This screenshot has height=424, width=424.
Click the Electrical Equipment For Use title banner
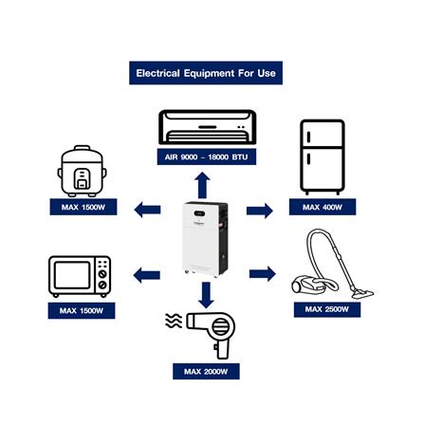pos(206,73)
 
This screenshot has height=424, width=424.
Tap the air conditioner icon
pos(207,127)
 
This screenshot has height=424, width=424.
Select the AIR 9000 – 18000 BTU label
pos(207,157)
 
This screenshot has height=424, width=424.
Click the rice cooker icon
pos(82,171)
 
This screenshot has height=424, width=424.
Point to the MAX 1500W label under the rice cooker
pos(83,207)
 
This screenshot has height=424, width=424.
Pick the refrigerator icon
pos(323,157)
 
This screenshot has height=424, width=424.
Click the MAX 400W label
pos(323,207)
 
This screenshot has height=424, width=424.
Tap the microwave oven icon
pos(80,276)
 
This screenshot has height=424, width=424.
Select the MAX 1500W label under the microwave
pos(82,310)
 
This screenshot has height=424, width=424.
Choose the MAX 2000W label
pos(206,371)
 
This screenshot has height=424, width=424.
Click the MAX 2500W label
pos(327,309)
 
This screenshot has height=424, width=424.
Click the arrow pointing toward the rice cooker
pos(147,210)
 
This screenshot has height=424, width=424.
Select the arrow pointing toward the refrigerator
pos(260,211)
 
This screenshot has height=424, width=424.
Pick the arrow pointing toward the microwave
pos(147,275)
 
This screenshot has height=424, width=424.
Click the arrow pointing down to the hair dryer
pos(206,295)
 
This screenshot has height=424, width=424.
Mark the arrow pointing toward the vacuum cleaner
pos(263,274)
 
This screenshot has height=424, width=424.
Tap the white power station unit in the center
pos(205,240)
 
